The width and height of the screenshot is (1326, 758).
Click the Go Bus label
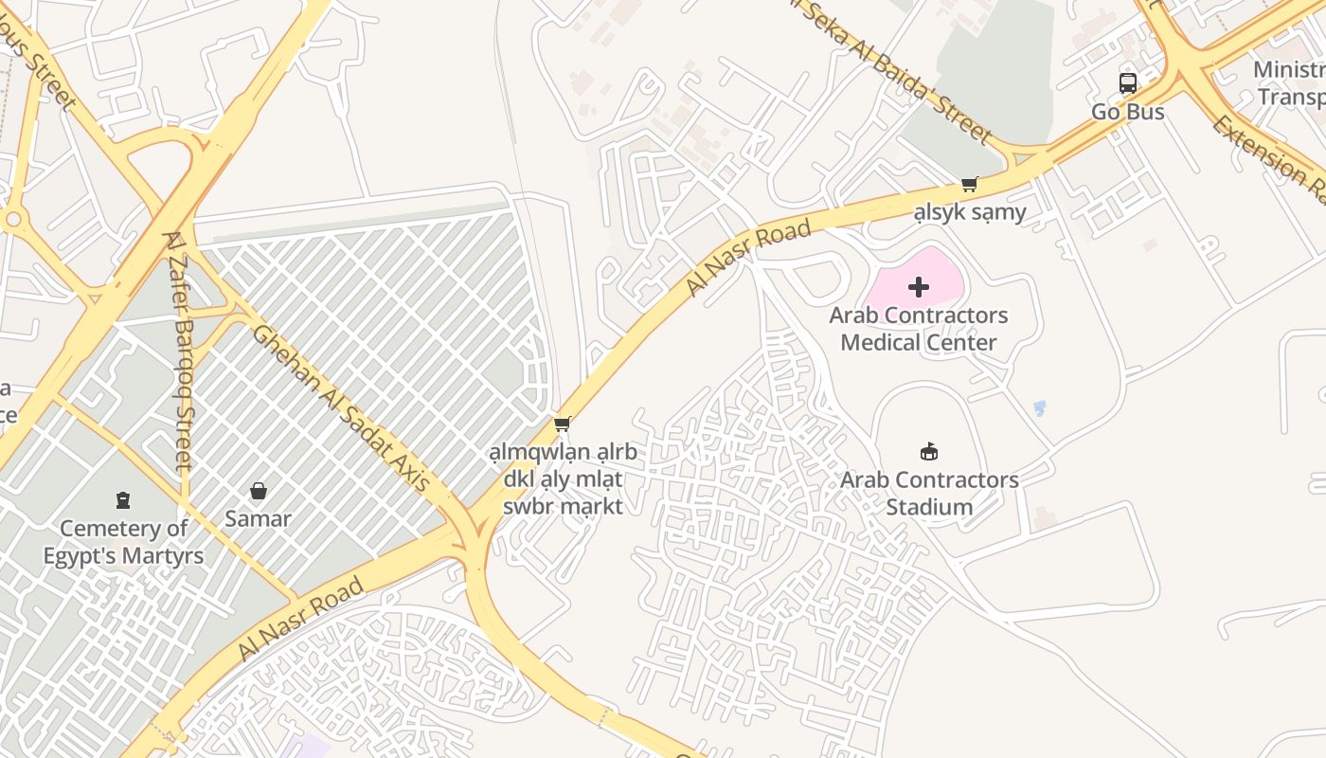click(1127, 111)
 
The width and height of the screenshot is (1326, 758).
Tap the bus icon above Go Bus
click(1127, 83)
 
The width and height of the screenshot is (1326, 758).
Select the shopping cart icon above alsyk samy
click(969, 184)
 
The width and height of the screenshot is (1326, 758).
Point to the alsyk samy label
click(969, 211)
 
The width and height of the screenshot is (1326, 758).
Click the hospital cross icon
click(918, 287)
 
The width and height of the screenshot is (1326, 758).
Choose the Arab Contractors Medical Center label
click(918, 329)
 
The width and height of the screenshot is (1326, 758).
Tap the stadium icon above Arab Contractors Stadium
click(929, 452)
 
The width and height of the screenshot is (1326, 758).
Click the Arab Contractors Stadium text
click(929, 493)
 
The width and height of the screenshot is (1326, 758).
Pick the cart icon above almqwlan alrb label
click(563, 424)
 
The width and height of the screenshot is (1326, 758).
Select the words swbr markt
click(563, 506)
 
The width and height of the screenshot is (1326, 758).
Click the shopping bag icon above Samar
click(258, 491)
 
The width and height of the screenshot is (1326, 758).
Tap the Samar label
click(258, 518)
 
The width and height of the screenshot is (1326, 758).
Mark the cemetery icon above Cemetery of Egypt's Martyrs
click(122, 499)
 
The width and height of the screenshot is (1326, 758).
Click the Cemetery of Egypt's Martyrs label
click(122, 541)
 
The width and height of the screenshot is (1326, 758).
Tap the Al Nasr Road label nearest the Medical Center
click(748, 258)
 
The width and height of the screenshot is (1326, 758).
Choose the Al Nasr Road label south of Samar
click(300, 619)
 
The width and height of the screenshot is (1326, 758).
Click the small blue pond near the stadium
click(1039, 408)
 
